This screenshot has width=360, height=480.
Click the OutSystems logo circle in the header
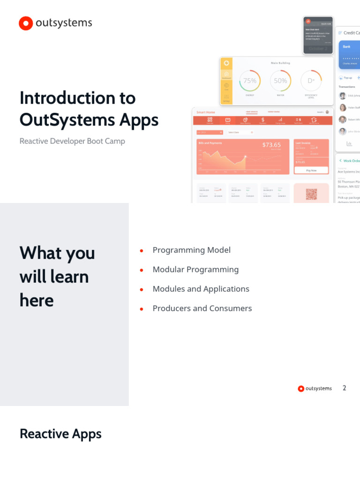click(26, 23)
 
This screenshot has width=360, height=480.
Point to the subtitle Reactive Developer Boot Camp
click(72, 141)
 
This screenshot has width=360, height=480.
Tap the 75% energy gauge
click(250, 81)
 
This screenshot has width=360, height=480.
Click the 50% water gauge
click(280, 81)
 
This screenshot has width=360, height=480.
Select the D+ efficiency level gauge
click(311, 81)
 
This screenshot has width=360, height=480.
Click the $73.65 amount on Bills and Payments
click(271, 145)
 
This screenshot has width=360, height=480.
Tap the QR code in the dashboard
click(311, 194)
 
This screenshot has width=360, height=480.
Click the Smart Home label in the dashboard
click(206, 112)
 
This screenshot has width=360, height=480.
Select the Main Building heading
click(280, 63)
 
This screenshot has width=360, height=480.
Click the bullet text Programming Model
click(191, 250)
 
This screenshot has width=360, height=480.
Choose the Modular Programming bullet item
click(195, 270)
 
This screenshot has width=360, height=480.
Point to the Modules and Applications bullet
click(201, 289)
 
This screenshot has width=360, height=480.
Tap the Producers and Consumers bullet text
click(202, 308)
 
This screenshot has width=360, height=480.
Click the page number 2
click(345, 388)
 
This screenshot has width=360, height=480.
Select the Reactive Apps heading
click(60, 434)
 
